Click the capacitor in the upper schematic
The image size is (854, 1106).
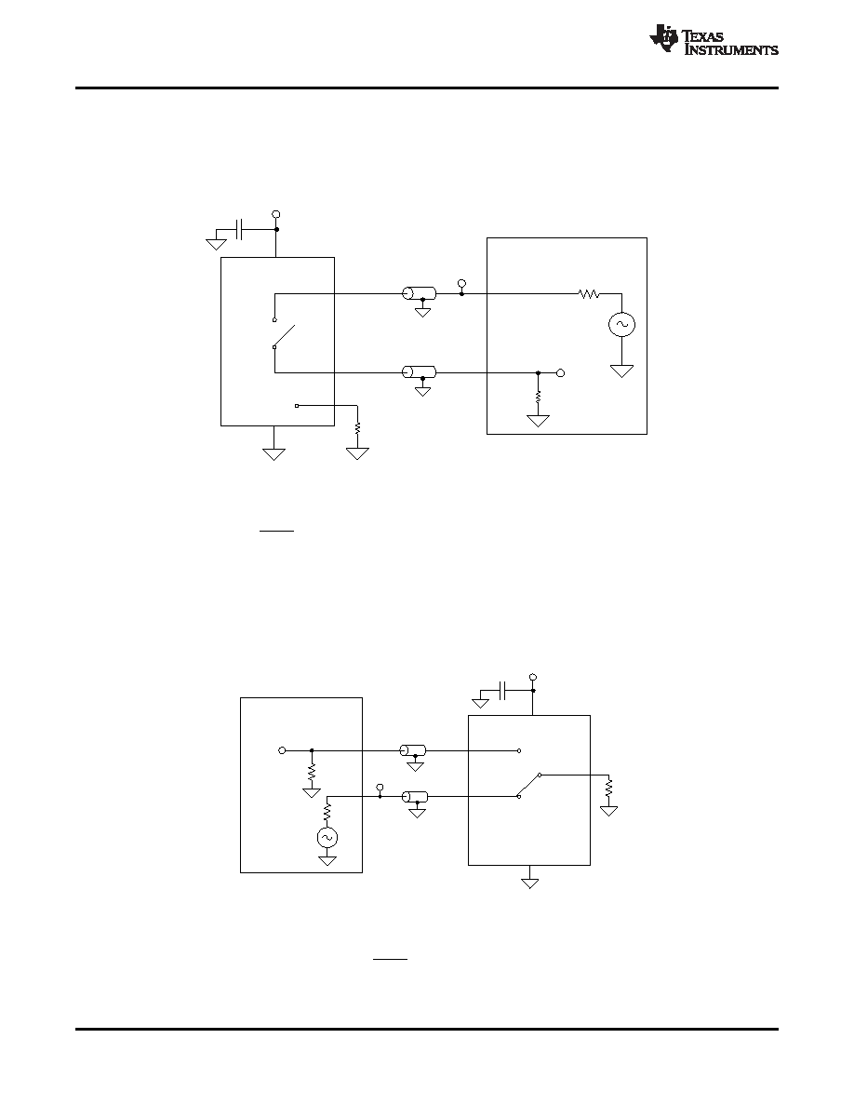point(240,229)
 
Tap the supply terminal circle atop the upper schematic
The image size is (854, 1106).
point(276,214)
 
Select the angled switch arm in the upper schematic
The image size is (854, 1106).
point(284,336)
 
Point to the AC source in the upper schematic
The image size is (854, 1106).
point(621,325)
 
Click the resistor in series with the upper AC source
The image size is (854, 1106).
point(589,293)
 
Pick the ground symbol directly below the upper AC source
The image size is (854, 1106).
point(621,371)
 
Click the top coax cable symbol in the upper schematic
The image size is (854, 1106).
point(419,293)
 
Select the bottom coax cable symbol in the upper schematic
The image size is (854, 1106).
point(419,371)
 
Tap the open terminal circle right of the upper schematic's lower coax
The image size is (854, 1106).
point(561,372)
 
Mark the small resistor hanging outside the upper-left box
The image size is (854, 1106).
point(358,427)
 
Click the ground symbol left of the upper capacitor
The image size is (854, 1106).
point(217,244)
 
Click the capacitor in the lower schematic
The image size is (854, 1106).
point(502,691)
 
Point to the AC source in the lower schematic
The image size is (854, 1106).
point(327,837)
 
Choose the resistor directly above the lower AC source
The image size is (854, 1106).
point(327,812)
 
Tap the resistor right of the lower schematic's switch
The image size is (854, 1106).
point(609,787)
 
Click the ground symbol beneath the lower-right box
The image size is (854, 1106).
point(530,883)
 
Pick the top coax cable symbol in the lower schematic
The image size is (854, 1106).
point(414,750)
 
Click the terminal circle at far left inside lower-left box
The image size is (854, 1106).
point(283,750)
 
